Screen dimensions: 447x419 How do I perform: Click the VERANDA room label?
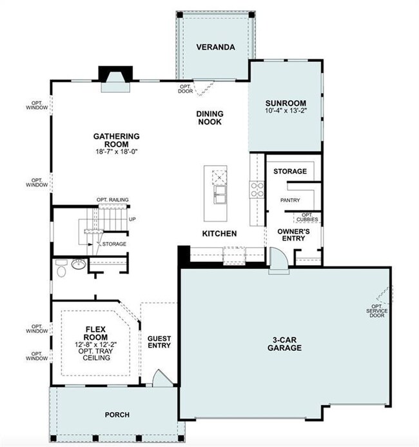pyautogui.click(x=215, y=47)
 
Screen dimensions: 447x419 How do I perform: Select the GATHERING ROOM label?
pyautogui.click(x=117, y=140)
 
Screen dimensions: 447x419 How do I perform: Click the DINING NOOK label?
pyautogui.click(x=210, y=117)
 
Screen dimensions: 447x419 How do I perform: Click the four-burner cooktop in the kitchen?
pyautogui.click(x=257, y=189)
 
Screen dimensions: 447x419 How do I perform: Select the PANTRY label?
pyautogui.click(x=289, y=200)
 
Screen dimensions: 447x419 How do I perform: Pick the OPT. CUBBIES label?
pyautogui.click(x=309, y=217)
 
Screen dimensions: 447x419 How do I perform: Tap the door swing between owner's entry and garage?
pyautogui.click(x=279, y=261)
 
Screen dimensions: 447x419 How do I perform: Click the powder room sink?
pyautogui.click(x=78, y=264)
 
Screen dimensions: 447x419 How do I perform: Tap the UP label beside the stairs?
pyautogui.click(x=132, y=219)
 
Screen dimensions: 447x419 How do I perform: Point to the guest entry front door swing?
pyautogui.click(x=157, y=378)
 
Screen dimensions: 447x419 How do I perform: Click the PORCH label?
pyautogui.click(x=117, y=414)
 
